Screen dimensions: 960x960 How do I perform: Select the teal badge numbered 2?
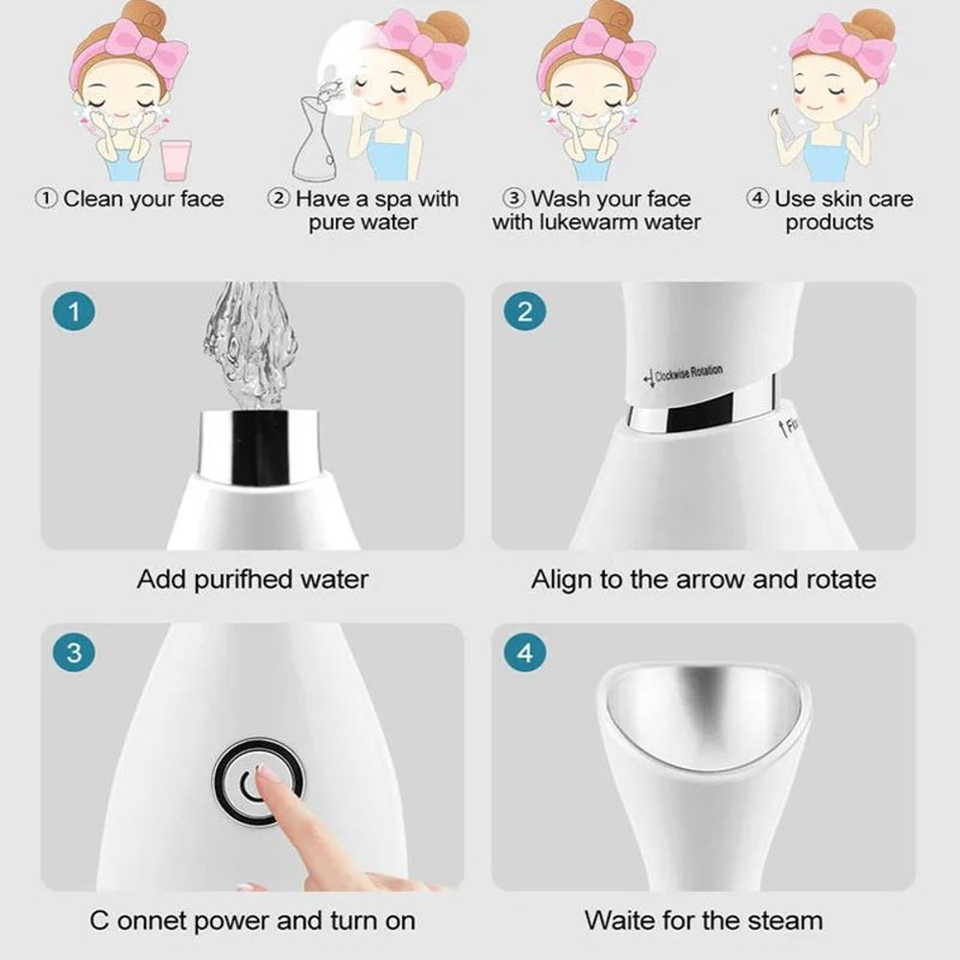[x=525, y=313]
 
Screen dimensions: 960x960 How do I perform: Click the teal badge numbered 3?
[x=75, y=654]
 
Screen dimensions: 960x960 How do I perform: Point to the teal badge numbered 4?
[x=525, y=654]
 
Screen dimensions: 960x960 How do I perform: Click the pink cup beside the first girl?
[x=177, y=159]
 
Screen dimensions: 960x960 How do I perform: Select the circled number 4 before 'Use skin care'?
[x=758, y=200]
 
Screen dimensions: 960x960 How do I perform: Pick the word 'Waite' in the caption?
[x=618, y=921]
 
